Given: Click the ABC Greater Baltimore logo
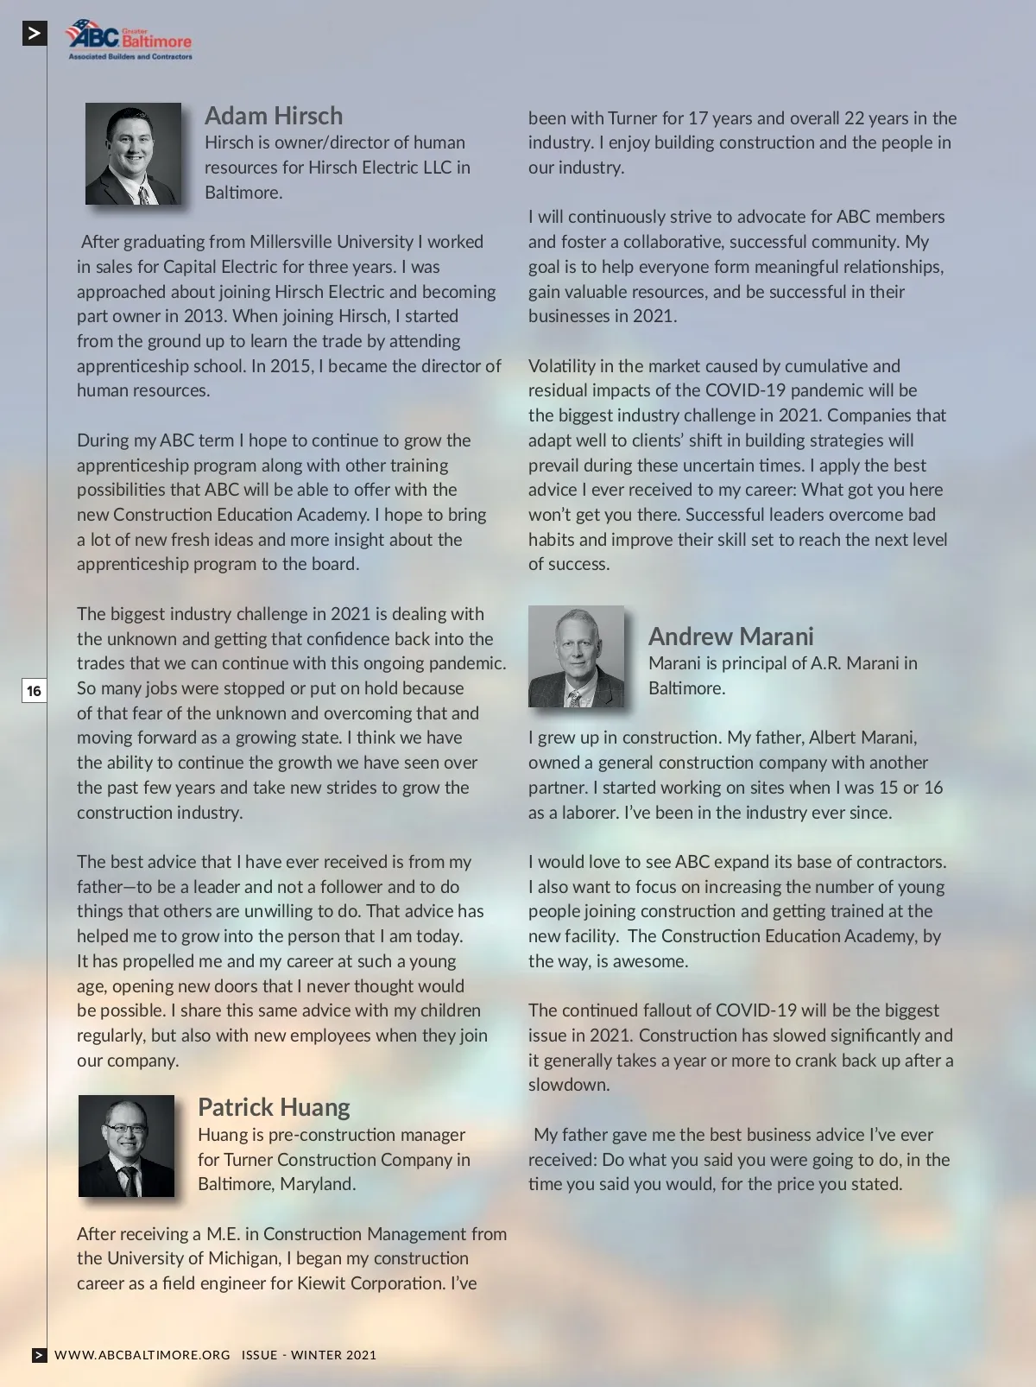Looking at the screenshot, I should (x=129, y=40).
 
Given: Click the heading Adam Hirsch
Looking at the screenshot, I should (x=274, y=116).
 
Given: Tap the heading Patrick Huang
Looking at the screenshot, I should (x=274, y=1107).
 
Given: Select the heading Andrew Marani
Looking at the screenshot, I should (x=730, y=636).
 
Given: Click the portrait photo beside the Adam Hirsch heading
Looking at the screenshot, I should (x=133, y=154).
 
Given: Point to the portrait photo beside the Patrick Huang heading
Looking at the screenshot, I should (x=126, y=1146).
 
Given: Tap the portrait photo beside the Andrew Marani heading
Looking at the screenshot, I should (x=576, y=656).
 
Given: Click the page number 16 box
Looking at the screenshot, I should (x=34, y=691).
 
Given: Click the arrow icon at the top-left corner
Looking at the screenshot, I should (x=35, y=34).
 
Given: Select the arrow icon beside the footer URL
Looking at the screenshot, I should (x=40, y=1355).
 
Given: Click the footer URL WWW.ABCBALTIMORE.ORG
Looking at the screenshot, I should (x=142, y=1355).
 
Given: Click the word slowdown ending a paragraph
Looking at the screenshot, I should (x=568, y=1085).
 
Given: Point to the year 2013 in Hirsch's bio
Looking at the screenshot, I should (x=204, y=316).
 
